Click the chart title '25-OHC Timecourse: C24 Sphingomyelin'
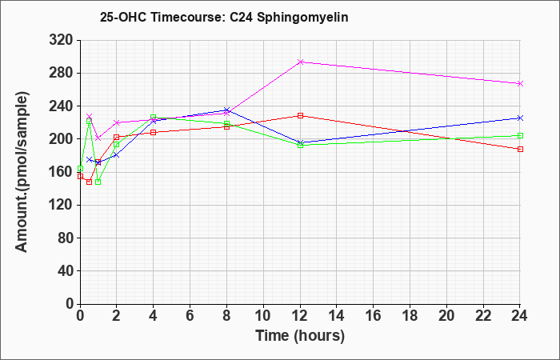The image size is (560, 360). (x=224, y=17)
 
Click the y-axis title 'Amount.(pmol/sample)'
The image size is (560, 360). (x=22, y=172)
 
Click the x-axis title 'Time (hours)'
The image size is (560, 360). (x=300, y=336)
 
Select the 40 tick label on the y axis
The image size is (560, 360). (x=65, y=271)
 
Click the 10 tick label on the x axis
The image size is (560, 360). (x=263, y=316)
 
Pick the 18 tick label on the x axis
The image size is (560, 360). (x=410, y=316)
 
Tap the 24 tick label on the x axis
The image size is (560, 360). (x=519, y=316)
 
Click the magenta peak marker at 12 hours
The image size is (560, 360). (x=300, y=62)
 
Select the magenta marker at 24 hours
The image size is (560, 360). (x=520, y=83)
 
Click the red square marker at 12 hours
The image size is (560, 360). (x=300, y=115)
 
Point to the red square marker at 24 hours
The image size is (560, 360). (x=520, y=149)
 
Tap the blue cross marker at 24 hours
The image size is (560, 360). (x=520, y=118)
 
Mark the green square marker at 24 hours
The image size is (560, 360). (x=520, y=135)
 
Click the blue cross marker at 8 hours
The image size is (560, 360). (x=226, y=110)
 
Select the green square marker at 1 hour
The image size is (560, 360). (x=98, y=182)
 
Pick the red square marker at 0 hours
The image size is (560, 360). (x=80, y=176)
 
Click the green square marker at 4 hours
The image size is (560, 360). (x=154, y=117)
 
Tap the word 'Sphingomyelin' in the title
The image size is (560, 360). (x=302, y=18)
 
